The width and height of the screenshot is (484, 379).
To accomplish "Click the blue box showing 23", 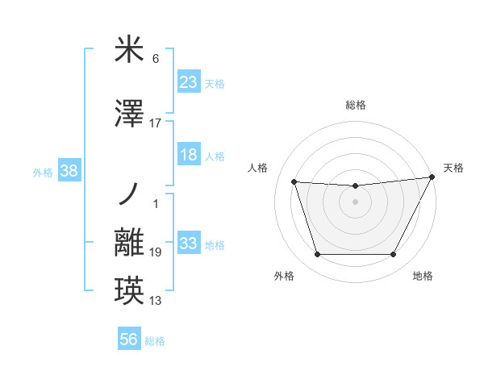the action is pyautogui.click(x=189, y=83).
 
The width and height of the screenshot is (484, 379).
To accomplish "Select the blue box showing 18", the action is pyautogui.click(x=189, y=155).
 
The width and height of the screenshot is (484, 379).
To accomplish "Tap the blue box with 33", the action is pyautogui.click(x=189, y=244).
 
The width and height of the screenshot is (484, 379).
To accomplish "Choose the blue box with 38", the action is pyautogui.click(x=69, y=171).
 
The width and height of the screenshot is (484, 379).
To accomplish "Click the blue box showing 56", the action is pyautogui.click(x=129, y=340).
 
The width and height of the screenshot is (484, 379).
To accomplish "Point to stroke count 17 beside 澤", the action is pyautogui.click(x=156, y=123).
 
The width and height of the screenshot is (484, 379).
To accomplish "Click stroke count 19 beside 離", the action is pyautogui.click(x=156, y=252).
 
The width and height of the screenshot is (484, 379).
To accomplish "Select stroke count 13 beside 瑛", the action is pyautogui.click(x=156, y=302).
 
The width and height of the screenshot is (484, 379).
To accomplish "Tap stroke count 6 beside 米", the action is pyautogui.click(x=156, y=59).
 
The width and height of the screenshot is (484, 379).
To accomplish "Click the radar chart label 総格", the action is pyautogui.click(x=355, y=105).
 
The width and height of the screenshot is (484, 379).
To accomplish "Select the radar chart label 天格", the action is pyautogui.click(x=453, y=168).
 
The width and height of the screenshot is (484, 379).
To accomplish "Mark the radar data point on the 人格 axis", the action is pyautogui.click(x=294, y=182).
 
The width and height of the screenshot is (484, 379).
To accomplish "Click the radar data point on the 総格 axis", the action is pyautogui.click(x=355, y=186).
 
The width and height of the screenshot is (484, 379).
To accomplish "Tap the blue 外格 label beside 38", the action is pyautogui.click(x=43, y=172).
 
